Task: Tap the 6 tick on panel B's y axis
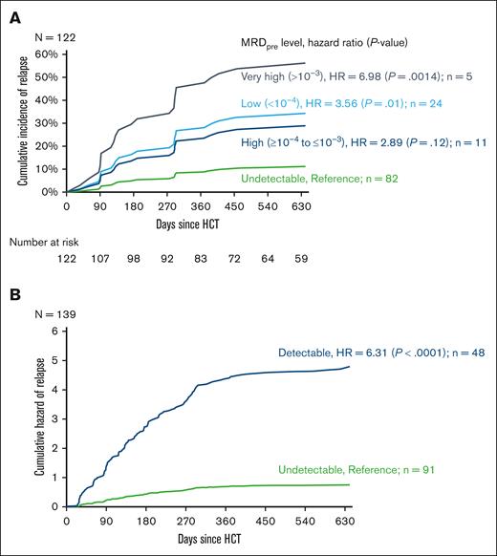[x=54, y=331]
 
